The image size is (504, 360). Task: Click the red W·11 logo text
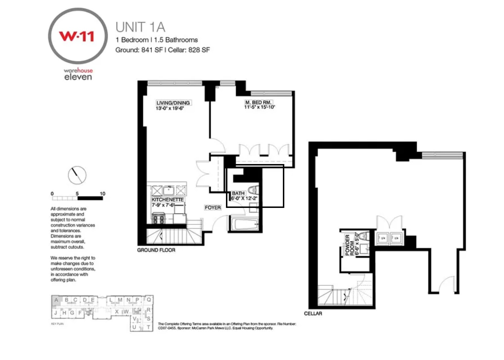pos(76,36)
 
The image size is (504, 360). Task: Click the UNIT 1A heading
pos(140,27)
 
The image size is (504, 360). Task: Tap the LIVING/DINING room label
pos(173,103)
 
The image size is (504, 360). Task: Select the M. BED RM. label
pos(258,102)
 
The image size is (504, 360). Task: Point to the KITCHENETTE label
pos(168,200)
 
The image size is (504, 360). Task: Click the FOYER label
pos(213,208)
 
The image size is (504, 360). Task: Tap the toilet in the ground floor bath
pos(253,190)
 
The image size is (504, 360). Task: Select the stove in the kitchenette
pos(159,219)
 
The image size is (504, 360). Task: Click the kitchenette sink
pos(169,190)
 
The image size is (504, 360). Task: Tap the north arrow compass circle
pos(77,175)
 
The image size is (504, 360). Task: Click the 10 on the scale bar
pos(102,194)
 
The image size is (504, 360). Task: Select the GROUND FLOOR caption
pos(156,250)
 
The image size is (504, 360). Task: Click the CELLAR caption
pos(313,314)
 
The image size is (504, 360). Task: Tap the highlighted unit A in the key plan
pos(56,300)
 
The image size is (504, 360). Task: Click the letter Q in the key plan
pos(149,299)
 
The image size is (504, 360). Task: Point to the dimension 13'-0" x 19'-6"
pos(170,108)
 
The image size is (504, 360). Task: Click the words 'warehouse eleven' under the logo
pos(78,74)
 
